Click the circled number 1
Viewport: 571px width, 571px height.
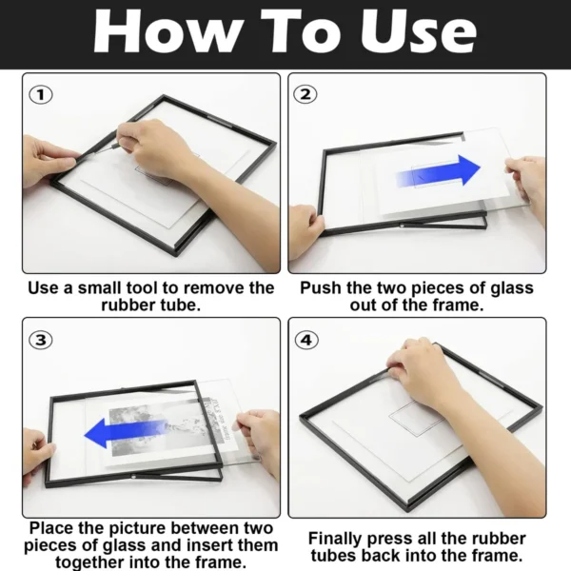click(x=41, y=95)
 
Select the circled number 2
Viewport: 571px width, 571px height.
click(x=305, y=94)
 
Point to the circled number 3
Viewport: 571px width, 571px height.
click(x=41, y=340)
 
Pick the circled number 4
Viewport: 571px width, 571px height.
click(x=306, y=340)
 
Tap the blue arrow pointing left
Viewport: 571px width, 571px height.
click(x=127, y=433)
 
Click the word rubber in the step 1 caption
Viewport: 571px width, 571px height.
click(x=125, y=305)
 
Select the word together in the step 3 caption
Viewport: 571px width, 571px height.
click(x=90, y=562)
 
